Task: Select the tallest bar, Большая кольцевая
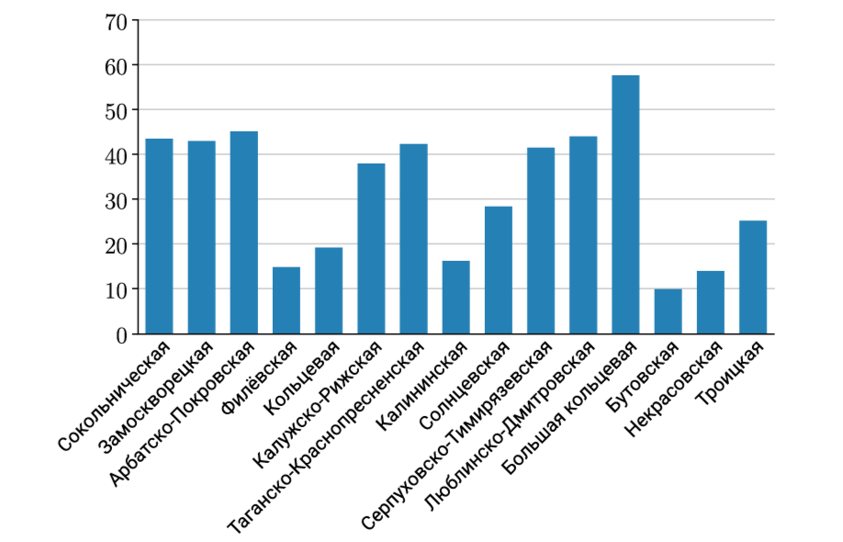tap(625, 205)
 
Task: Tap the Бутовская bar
tap(668, 311)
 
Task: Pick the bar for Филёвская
tap(287, 300)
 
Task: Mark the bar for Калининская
tap(455, 298)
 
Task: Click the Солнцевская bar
tap(499, 270)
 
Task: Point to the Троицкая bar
tap(753, 277)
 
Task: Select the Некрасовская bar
tap(711, 302)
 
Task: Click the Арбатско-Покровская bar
tap(243, 232)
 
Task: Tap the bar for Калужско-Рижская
tap(371, 249)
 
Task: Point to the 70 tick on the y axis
tap(117, 20)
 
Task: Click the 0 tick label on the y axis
tap(121, 334)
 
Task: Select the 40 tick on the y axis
tap(117, 154)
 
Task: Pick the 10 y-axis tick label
tap(117, 289)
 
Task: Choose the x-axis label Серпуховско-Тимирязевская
tap(456, 435)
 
